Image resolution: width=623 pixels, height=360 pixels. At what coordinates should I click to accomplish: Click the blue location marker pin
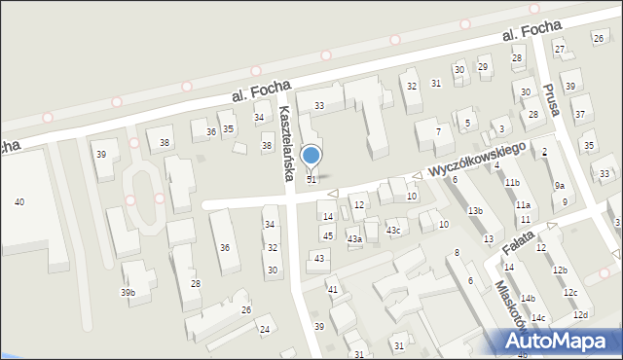click(x=311, y=156)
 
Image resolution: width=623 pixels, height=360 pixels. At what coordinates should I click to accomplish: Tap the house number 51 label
click(x=311, y=180)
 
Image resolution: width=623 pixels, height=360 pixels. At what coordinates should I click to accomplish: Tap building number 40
click(x=19, y=201)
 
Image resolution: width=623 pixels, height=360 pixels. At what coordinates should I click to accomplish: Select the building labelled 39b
click(x=128, y=293)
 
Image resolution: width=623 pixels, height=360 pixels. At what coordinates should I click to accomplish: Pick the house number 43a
click(x=355, y=239)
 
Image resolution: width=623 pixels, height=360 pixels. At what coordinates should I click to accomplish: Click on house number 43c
click(x=393, y=230)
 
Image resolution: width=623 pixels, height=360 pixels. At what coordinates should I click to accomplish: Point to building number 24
click(x=264, y=329)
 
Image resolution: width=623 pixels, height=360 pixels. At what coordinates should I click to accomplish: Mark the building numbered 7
click(x=438, y=130)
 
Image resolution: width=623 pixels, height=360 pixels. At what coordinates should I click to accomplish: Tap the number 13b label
click(x=475, y=211)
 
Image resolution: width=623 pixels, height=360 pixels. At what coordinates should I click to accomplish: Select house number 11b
click(x=512, y=183)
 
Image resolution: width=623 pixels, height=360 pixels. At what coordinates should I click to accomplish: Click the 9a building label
click(x=560, y=185)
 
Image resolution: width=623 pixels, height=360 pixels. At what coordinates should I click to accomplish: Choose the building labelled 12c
click(x=570, y=293)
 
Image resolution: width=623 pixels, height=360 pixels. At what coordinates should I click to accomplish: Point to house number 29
click(x=483, y=66)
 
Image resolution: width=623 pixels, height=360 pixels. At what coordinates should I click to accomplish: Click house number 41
click(x=332, y=290)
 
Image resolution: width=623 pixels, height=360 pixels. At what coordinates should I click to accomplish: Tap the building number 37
click(x=579, y=115)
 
